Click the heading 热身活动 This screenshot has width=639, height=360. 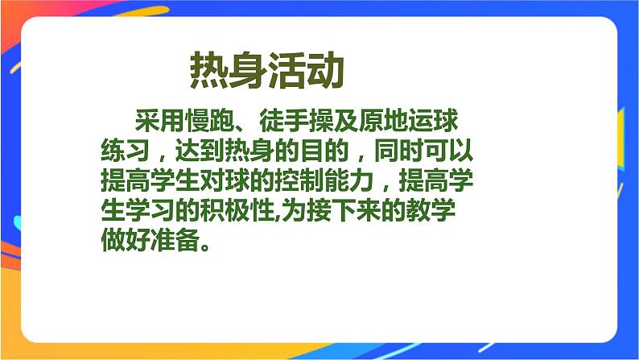tap(267, 72)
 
